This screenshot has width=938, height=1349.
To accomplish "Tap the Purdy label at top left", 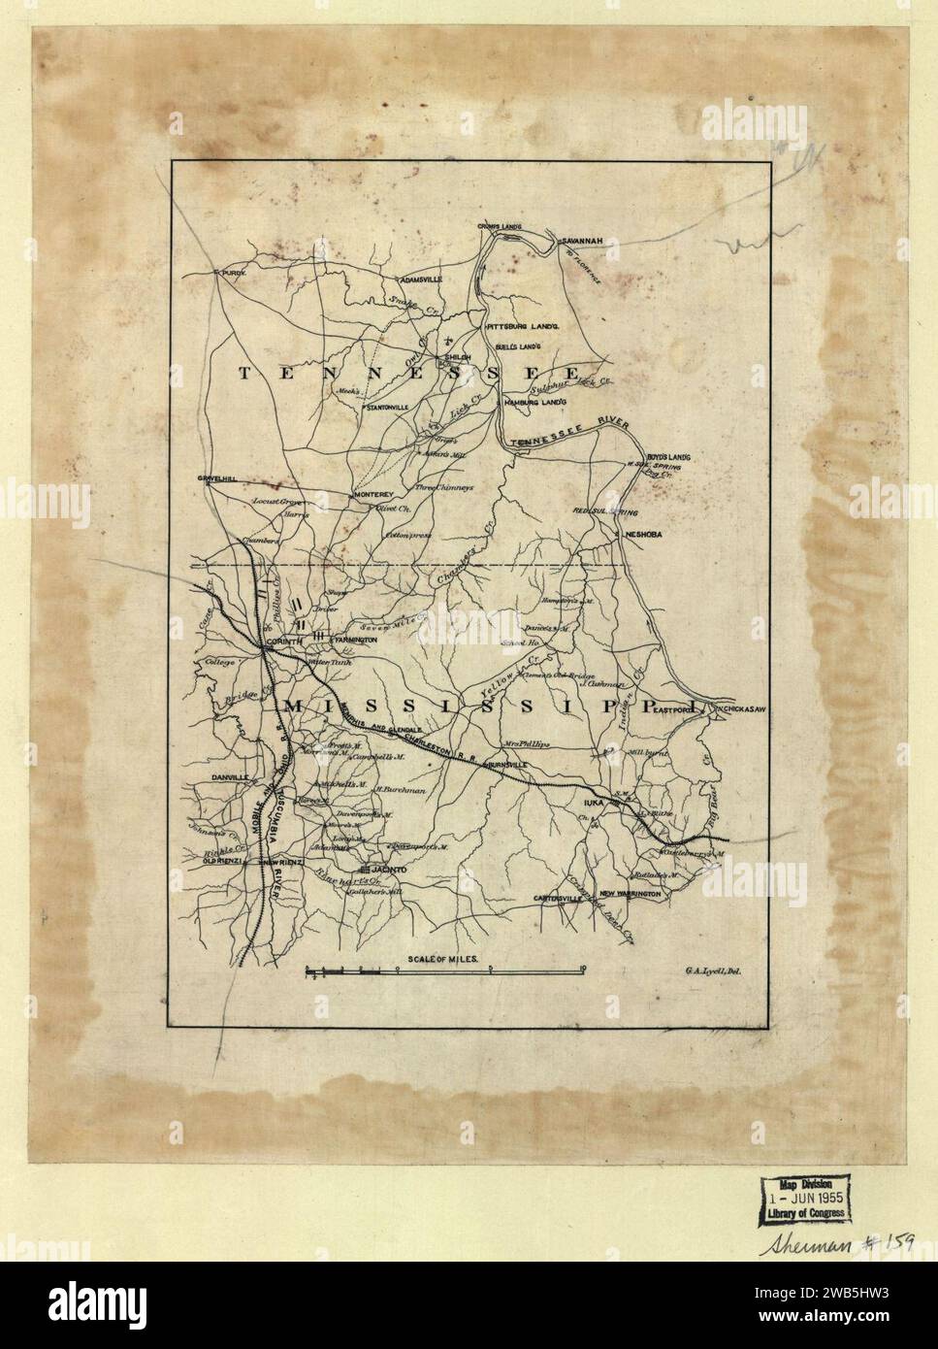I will tap(229, 275).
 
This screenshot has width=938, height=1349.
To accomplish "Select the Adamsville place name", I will tap(417, 280).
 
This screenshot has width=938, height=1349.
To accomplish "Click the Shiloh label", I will tap(457, 357).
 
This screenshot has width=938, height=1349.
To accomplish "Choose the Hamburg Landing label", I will tap(533, 401).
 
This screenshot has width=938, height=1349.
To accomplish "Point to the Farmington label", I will tap(355, 642).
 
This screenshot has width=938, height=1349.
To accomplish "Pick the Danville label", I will tap(223, 778).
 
